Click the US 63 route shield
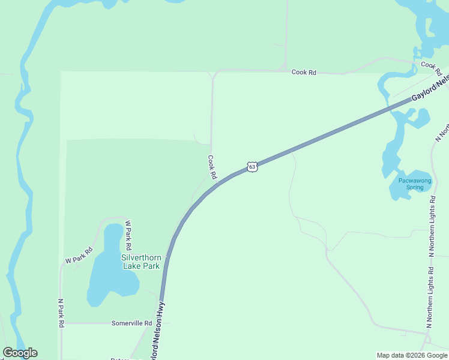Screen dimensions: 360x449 [252, 166]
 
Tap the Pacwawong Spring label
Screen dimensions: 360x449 [411, 184]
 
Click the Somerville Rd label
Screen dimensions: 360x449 [131, 323]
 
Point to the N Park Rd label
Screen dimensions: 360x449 [61, 313]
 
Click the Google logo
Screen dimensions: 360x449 [20, 353]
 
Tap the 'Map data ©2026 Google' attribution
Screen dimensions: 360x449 [412, 355]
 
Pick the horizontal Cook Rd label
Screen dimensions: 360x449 [304, 72]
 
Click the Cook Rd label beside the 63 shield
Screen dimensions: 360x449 [211, 167]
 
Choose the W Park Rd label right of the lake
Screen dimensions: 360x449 [128, 236]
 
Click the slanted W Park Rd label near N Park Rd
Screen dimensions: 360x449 [79, 256]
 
